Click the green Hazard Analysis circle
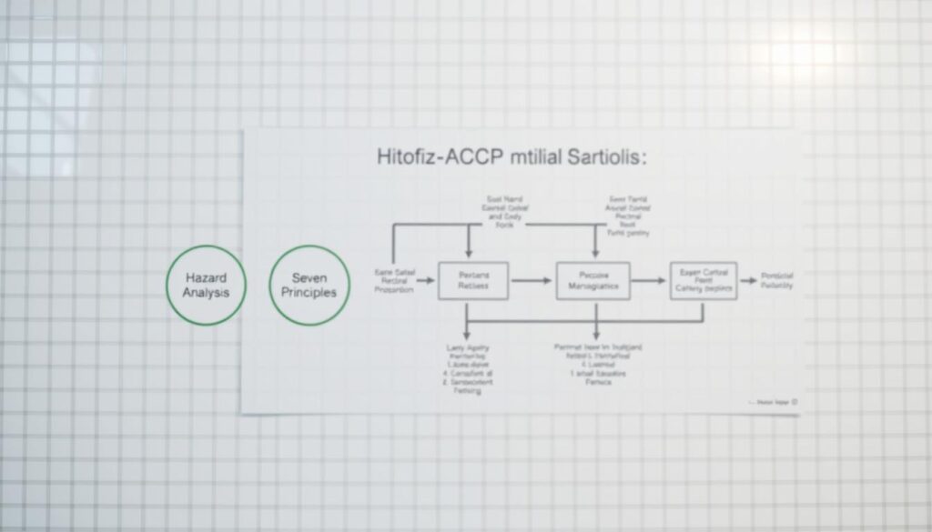point(205,285)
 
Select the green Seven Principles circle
point(310,285)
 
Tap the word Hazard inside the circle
point(205,276)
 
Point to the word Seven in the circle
point(309,276)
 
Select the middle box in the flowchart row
point(593,281)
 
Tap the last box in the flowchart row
point(704,281)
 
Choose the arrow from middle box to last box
point(649,282)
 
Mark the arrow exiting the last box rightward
point(747,282)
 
